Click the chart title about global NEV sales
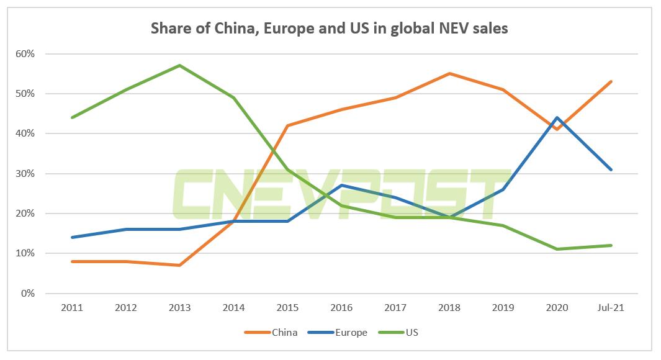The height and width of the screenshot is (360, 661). [x=330, y=29]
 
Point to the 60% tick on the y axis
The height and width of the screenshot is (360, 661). [x=25, y=54]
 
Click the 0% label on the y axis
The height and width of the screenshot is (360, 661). [x=27, y=294]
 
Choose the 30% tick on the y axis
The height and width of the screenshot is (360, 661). [x=25, y=174]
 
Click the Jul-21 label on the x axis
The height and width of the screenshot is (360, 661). [x=611, y=307]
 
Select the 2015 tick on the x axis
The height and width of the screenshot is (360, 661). [x=287, y=307]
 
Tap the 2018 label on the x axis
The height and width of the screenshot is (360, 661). [x=449, y=307]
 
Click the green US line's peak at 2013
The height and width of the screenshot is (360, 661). [x=179, y=65]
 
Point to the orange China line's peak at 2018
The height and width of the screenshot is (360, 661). [x=449, y=73]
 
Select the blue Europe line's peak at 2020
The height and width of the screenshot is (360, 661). [x=557, y=117]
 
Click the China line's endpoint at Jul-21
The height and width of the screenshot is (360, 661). [x=611, y=81]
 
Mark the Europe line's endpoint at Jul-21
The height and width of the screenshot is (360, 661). [x=611, y=169]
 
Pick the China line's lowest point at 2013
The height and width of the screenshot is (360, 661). [x=179, y=265]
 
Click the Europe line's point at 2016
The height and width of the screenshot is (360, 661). [x=341, y=185]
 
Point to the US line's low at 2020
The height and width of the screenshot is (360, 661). [x=557, y=249]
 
